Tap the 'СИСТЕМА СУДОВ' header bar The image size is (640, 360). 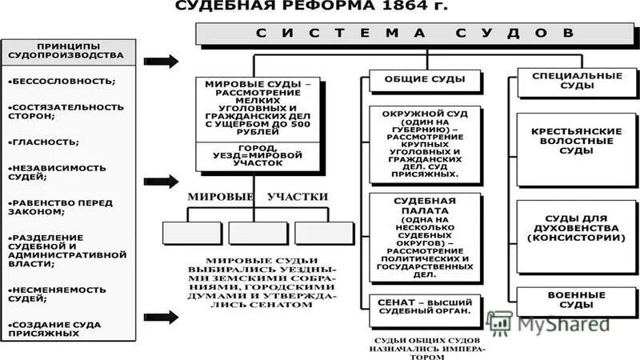tap(414, 34)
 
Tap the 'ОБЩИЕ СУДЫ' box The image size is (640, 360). tap(426, 81)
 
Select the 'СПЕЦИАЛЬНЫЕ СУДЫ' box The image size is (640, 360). tap(566, 81)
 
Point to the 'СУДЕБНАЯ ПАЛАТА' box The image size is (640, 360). tap(426, 237)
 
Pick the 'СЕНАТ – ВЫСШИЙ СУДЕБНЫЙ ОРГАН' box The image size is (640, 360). tap(426, 310)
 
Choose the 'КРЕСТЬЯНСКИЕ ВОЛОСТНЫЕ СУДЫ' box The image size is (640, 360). tap(566, 141)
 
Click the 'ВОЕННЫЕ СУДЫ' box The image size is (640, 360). tap(566, 300)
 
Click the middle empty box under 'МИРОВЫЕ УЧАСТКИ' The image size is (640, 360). tap(258, 232)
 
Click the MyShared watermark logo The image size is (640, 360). tap(552, 323)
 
